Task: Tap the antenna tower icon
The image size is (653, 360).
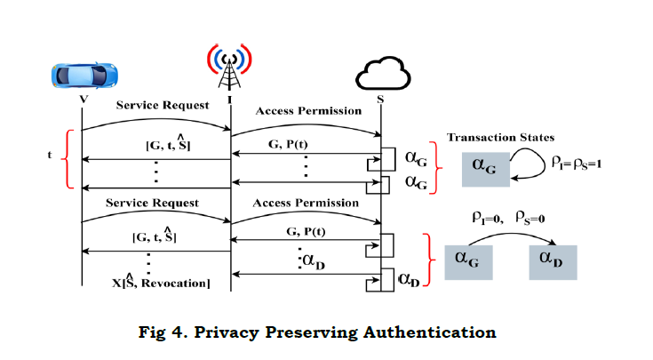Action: (230, 67)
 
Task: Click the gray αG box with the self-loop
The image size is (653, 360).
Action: (485, 169)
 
